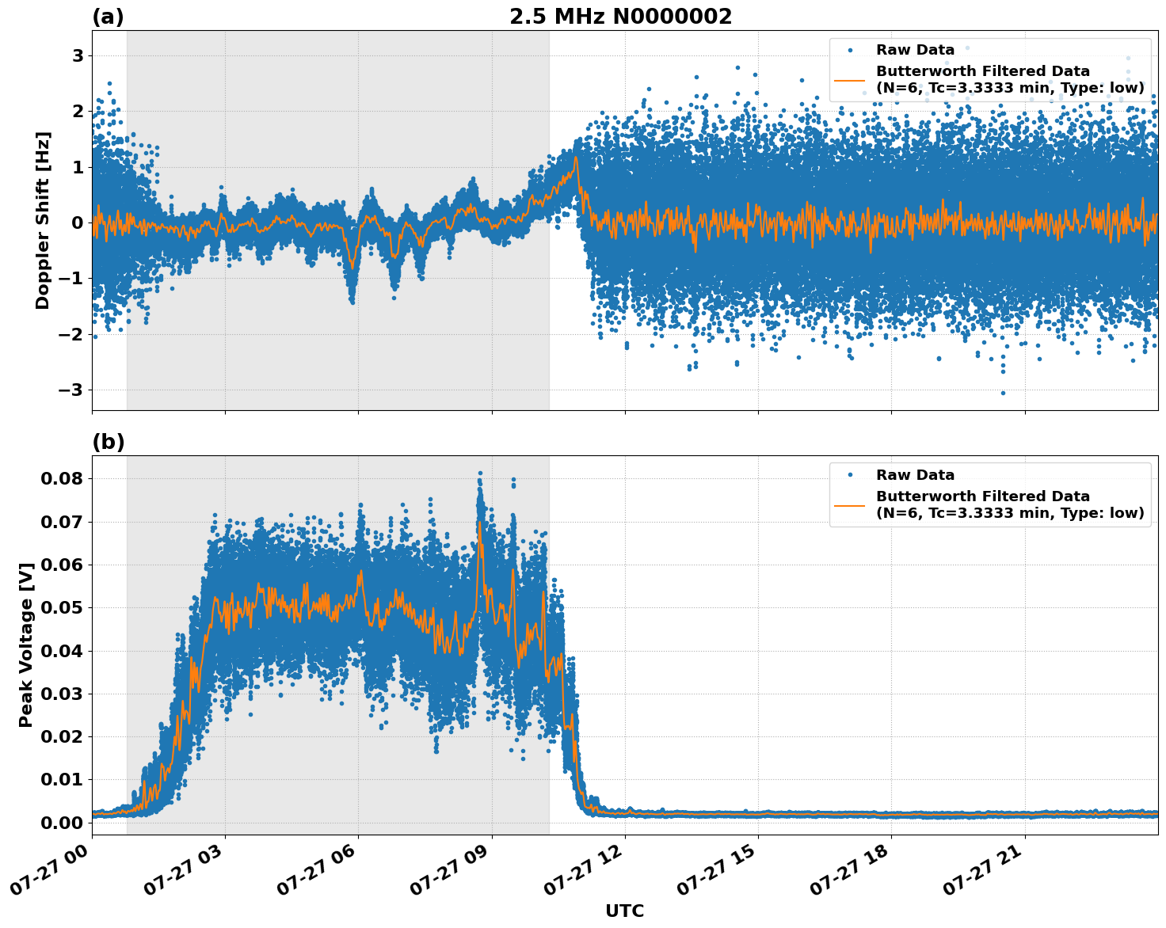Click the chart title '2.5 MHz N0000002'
620,17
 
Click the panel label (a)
108,17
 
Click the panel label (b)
108,442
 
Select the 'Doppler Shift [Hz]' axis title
43,220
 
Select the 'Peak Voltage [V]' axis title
26,645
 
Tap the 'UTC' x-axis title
624,911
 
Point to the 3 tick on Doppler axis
78,55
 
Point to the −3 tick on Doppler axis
71,390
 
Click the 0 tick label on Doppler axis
78,222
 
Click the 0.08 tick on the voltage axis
61,478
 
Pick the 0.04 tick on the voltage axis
61,651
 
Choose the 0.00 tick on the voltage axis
61,823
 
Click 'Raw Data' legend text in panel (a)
915,50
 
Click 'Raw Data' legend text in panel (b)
915,475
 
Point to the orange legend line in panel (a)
849,79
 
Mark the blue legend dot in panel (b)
850,475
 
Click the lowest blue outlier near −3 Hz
1003,393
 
